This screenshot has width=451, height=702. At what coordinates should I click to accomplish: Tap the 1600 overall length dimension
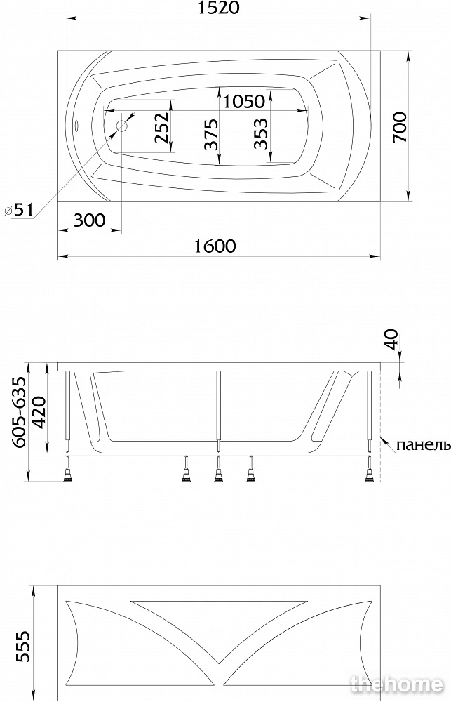coord(215,246)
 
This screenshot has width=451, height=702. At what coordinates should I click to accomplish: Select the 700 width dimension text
coord(400,127)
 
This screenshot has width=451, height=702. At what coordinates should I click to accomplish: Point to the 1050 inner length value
coord(244,102)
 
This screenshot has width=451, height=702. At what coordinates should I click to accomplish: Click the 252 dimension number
coord(161,127)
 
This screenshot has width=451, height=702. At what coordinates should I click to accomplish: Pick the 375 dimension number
coord(210,134)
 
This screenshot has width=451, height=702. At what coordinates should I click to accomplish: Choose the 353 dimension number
coord(260,133)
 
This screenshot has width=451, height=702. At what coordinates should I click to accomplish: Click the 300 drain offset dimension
coord(89,220)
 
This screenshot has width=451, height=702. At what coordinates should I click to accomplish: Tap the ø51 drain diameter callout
coord(18,209)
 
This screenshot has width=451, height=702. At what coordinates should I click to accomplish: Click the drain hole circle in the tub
coord(122,126)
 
